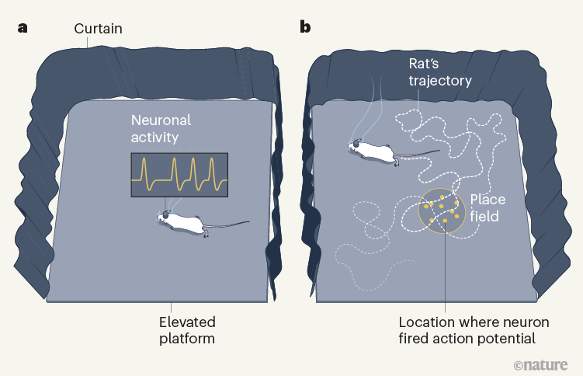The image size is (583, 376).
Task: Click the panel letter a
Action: pyautogui.click(x=23, y=28)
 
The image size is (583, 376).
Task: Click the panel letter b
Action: pyautogui.click(x=305, y=28)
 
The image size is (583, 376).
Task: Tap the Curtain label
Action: pyautogui.click(x=98, y=29)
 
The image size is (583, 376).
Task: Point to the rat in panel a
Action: pyautogui.click(x=186, y=223)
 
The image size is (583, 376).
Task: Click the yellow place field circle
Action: pyautogui.click(x=442, y=211)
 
